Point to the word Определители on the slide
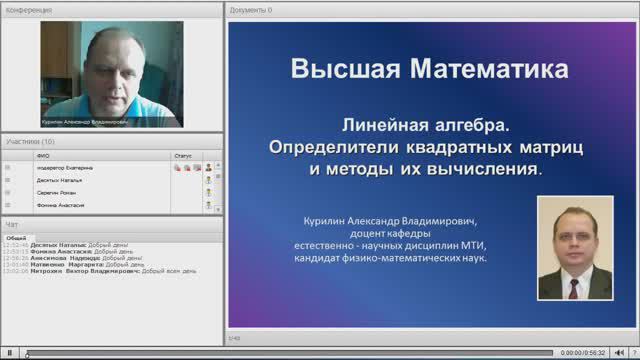coord(339,147)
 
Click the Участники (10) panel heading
coord(30,142)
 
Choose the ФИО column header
coord(41,156)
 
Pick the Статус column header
coord(182,156)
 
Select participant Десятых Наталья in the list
coord(56,180)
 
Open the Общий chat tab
coord(16,237)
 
